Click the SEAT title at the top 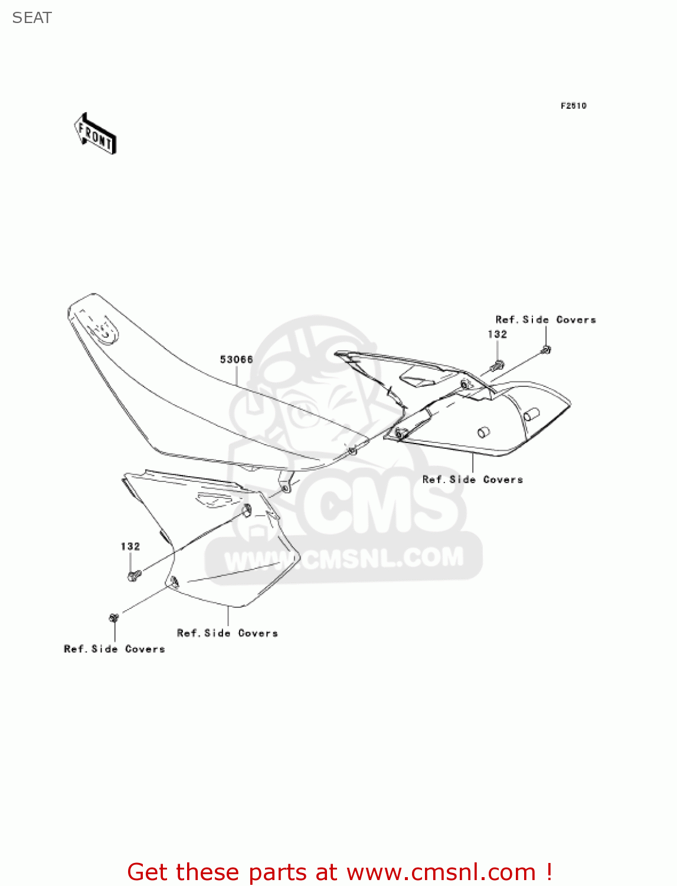[32, 18]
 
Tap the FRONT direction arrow [95, 134]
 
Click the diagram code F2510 [573, 106]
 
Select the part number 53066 [236, 359]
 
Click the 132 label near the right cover [497, 334]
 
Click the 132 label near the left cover [130, 546]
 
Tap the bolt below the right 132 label [498, 365]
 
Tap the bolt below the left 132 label [133, 574]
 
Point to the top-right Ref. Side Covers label [545, 320]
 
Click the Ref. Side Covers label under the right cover [472, 480]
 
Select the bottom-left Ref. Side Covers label [114, 649]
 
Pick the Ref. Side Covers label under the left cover [227, 633]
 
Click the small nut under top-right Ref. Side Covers [546, 350]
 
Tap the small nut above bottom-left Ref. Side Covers [114, 617]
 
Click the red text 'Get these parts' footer [339, 872]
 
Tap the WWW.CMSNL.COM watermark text [344, 559]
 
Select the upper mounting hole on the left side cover [247, 509]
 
